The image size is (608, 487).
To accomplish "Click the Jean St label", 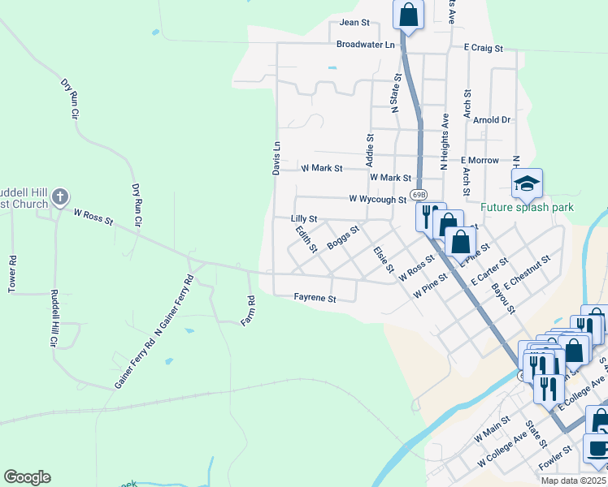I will [354, 23].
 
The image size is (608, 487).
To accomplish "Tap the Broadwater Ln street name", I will [365, 44].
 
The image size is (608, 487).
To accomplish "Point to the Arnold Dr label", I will [492, 119].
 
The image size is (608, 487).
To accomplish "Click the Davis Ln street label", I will [276, 157].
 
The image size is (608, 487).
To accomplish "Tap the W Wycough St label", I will [377, 199].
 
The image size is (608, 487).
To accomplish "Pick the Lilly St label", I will [303, 219].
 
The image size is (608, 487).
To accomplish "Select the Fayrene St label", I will [315, 299].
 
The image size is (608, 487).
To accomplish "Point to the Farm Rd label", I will [249, 311].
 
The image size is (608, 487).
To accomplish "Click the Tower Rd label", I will [12, 275].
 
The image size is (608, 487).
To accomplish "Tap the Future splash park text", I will [527, 208].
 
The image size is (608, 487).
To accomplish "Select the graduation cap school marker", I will [527, 183].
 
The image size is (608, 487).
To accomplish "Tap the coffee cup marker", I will [597, 447].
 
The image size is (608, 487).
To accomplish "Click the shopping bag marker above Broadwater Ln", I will [408, 14].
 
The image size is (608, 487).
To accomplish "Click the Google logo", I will [27, 477].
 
